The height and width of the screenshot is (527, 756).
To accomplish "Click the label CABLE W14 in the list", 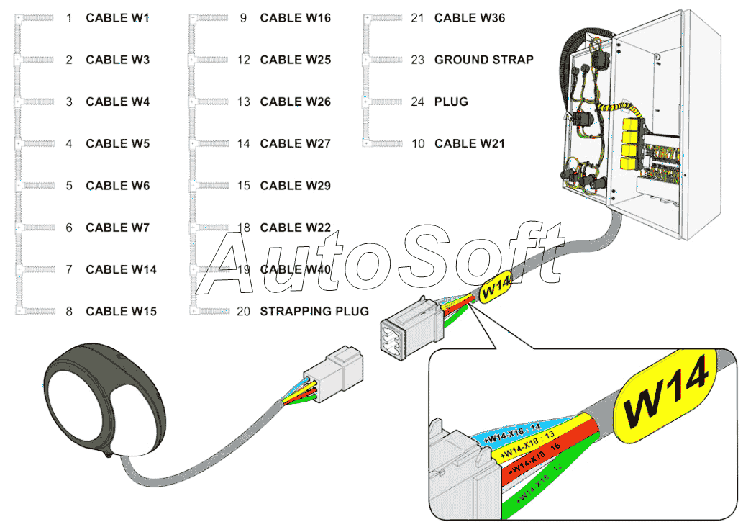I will (121, 269).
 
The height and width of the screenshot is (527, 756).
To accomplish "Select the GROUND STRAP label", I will (483, 60).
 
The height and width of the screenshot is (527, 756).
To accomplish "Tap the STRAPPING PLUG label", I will (314, 311).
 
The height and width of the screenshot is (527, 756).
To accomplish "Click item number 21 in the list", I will (418, 18).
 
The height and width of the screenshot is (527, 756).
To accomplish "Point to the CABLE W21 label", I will (469, 143).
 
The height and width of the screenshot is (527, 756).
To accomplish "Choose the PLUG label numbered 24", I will (451, 102).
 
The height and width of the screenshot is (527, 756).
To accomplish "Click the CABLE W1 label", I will (117, 18).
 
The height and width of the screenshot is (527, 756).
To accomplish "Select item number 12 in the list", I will (244, 60).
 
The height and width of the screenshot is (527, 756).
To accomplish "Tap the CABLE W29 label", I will (295, 186).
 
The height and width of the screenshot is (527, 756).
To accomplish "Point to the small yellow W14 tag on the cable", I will (495, 290).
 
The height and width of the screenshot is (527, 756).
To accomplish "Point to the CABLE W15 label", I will (121, 311).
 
